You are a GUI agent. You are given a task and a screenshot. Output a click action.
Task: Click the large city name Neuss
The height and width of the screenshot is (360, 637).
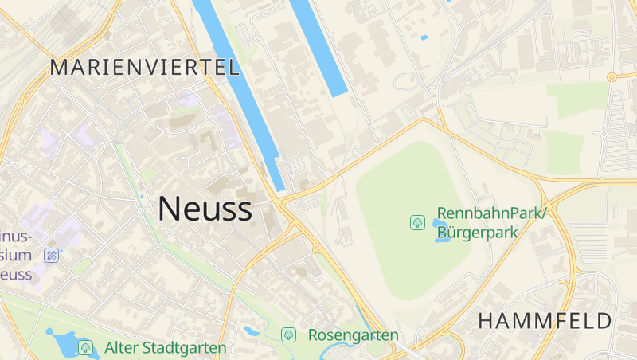pyautogui.click(x=205, y=209)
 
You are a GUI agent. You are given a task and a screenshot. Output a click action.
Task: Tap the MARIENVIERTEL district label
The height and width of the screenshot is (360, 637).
pyautogui.click(x=144, y=68)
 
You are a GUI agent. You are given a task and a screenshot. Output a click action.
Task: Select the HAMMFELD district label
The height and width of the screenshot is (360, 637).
pyautogui.click(x=545, y=322)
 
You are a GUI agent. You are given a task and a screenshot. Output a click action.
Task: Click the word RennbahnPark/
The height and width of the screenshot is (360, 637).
pyautogui.click(x=492, y=215)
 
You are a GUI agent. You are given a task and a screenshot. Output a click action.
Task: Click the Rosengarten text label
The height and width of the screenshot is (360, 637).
pyautogui.click(x=353, y=335)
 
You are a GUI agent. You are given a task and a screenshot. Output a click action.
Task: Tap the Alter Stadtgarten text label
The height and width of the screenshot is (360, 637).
pyautogui.click(x=165, y=348)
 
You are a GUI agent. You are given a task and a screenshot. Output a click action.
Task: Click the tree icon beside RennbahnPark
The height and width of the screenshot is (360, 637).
pyautogui.click(x=417, y=222)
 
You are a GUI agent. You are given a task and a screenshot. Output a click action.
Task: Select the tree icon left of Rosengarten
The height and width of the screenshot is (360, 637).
pyautogui.click(x=288, y=335)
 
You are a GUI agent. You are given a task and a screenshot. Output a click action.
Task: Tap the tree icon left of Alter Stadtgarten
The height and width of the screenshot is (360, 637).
pyautogui.click(x=85, y=348)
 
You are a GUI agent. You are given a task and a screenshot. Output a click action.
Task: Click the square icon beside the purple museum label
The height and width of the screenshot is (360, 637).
pyautogui.click(x=52, y=256)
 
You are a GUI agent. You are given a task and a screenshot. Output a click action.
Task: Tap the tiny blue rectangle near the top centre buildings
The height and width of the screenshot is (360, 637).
pyautogui.click(x=424, y=37)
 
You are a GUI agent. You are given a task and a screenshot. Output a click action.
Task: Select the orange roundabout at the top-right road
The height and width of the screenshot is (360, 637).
pyautogui.click(x=611, y=77)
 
